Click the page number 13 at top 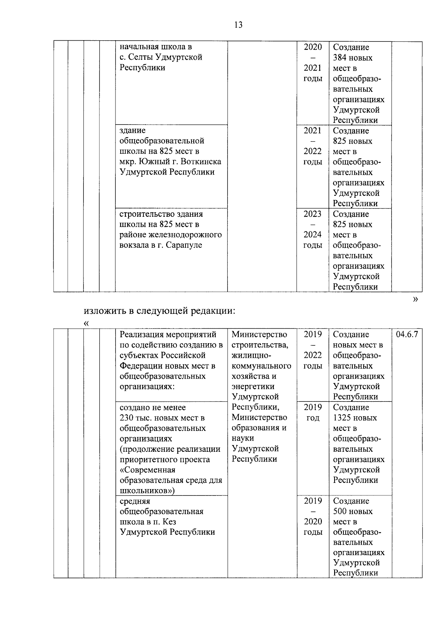(238, 25)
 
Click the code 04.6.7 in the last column (407, 334)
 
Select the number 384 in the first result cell (340, 58)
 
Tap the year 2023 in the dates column (312, 214)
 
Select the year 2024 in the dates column (312, 235)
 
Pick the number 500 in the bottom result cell (340, 511)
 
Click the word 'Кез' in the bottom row (169, 522)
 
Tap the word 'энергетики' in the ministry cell (253, 387)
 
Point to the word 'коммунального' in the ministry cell (261, 366)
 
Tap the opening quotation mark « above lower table (87, 323)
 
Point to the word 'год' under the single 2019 (313, 418)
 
